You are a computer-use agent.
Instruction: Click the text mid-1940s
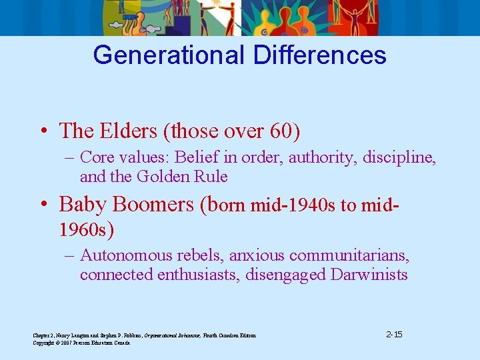tap(294, 205)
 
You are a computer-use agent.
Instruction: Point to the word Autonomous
tap(123, 255)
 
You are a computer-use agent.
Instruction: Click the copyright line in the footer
tap(81, 343)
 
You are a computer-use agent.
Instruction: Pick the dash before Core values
tap(69, 158)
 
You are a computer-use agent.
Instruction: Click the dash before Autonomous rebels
tap(69, 256)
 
